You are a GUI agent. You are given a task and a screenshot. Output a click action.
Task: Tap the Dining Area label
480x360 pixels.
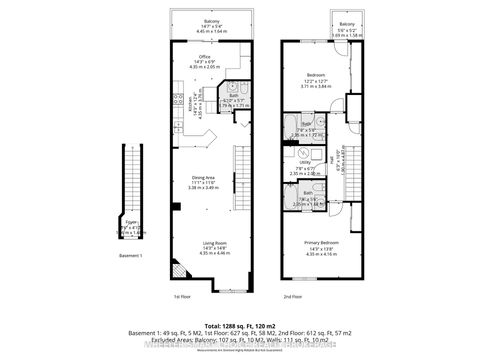pos(203,179)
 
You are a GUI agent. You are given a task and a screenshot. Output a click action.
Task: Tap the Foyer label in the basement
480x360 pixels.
pos(132,221)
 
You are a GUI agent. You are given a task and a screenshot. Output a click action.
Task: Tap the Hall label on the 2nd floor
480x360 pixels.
pos(331,158)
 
